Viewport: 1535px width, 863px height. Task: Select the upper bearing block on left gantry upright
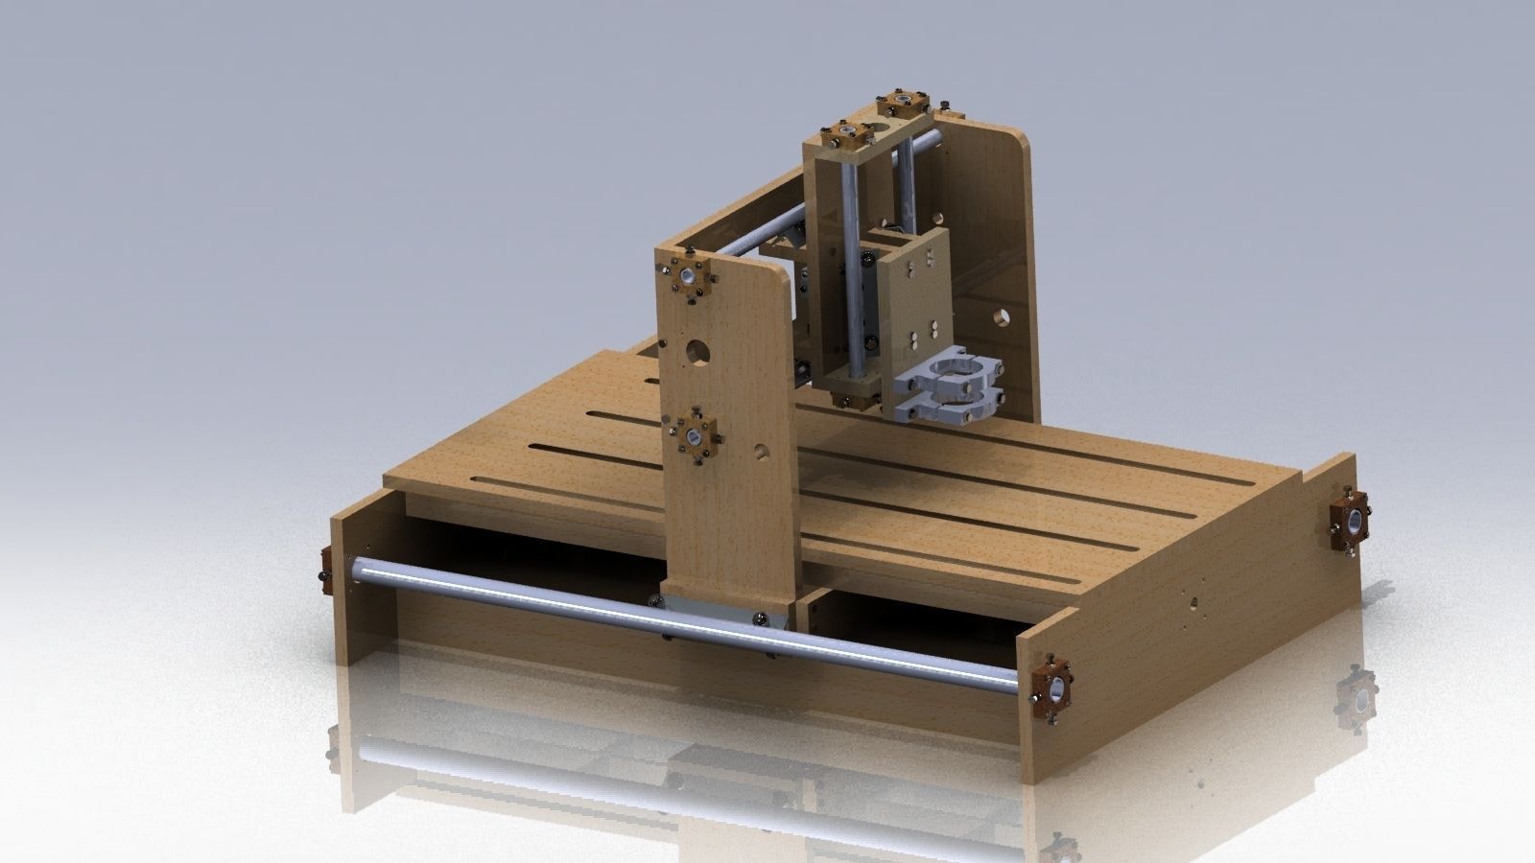pos(690,277)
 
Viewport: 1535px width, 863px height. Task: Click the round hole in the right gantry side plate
pos(1001,314)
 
